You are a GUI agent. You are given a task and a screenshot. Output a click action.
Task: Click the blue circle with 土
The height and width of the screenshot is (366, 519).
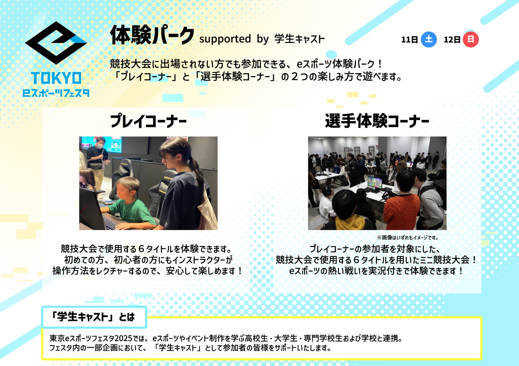pos(429,39)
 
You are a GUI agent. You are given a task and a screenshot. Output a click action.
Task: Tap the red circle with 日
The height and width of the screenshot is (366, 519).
pos(471,39)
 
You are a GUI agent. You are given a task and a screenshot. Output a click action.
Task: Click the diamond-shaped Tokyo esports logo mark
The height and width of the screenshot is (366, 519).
pos(56,43)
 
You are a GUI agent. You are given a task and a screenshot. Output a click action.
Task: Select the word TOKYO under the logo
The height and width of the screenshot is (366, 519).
pos(56,78)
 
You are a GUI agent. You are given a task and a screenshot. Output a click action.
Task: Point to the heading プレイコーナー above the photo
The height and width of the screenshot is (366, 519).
pos(148,121)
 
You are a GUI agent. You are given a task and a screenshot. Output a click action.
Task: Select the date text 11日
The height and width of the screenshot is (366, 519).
pos(410,40)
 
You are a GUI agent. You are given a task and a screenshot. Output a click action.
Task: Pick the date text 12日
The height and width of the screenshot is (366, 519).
pos(452,40)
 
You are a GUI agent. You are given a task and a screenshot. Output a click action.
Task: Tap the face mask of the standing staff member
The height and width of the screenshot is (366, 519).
pos(100,146)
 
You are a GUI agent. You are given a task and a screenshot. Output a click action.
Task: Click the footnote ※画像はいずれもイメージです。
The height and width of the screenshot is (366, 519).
pos(408,238)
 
